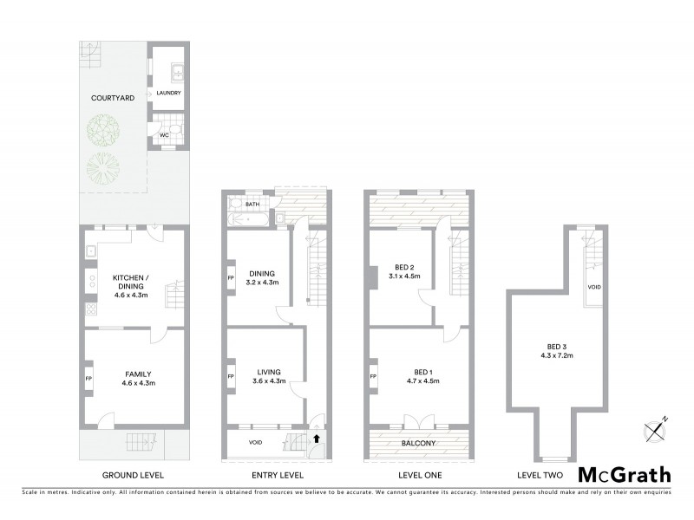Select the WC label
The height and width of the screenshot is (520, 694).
(x=162, y=135)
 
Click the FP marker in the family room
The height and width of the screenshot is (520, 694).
(x=89, y=378)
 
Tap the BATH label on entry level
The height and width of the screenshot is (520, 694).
(x=252, y=205)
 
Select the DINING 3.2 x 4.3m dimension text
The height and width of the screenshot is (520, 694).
(x=263, y=283)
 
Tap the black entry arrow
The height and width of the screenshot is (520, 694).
(x=316, y=439)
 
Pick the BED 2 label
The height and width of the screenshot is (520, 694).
(x=404, y=266)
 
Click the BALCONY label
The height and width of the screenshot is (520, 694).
(x=418, y=444)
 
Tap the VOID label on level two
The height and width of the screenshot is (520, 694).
(x=594, y=286)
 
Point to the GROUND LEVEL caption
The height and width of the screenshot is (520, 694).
(x=133, y=475)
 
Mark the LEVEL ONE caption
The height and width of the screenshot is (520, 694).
(x=419, y=475)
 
